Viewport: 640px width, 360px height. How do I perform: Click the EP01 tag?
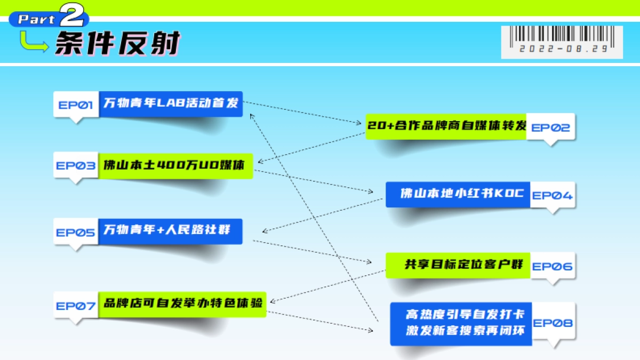[x=76, y=105]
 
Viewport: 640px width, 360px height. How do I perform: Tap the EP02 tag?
[x=550, y=127]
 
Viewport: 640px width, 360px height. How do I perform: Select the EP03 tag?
[x=76, y=165]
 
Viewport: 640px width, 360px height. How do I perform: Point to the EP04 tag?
[x=552, y=195]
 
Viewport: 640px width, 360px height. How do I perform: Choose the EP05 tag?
[x=76, y=232]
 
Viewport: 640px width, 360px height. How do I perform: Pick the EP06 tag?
[x=552, y=266]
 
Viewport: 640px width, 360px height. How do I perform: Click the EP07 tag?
[x=76, y=306]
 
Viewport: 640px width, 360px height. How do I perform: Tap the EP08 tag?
[x=553, y=323]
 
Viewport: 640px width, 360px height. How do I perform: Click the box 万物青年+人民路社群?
[x=170, y=230]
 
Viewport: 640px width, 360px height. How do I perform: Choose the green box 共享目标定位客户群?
[x=458, y=265]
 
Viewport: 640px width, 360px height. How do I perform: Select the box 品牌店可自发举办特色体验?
[x=182, y=304]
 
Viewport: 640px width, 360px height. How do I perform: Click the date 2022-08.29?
[x=563, y=48]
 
